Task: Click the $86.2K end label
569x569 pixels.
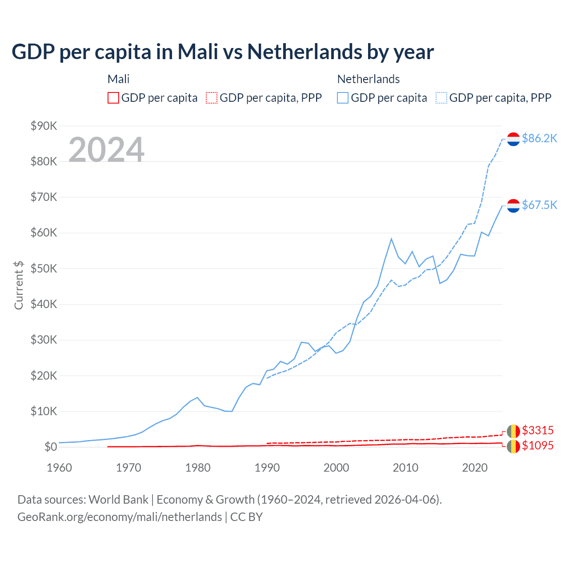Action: [x=539, y=139]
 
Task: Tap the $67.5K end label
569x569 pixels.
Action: [x=539, y=205]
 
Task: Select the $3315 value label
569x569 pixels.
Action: [x=537, y=430]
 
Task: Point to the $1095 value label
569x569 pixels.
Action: [x=537, y=445]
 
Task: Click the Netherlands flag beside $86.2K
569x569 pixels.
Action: [x=513, y=139]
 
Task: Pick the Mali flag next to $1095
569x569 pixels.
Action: [x=513, y=446]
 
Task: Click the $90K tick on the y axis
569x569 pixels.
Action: [x=44, y=126]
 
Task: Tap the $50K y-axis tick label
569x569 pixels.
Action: [x=44, y=268]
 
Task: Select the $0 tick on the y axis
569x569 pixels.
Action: [x=51, y=447]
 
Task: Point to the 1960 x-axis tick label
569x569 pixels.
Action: [x=59, y=468]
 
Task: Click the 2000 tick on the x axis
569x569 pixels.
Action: [x=336, y=468]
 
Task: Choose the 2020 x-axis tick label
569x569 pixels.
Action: [x=475, y=468]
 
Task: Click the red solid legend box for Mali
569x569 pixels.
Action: [x=113, y=98]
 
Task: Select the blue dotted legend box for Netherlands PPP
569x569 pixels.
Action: [x=441, y=98]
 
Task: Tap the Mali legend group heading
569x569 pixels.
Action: [x=118, y=79]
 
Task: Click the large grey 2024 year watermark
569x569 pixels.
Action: [x=106, y=150]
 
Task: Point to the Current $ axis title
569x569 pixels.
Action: [x=19, y=285]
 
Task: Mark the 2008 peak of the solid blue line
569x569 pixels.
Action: [x=391, y=239]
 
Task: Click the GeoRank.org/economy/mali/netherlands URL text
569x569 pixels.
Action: [x=120, y=517]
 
